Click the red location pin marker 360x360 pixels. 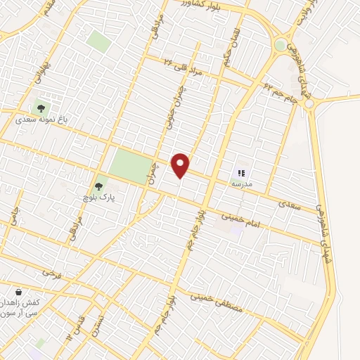pos(181,165)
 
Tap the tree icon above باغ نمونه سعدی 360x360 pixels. pos(40,109)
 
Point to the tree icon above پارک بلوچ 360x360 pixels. pos(99,188)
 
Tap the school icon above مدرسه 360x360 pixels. pos(241,172)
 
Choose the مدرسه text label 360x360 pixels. pos(242,184)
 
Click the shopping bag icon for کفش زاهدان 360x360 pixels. pos(18,292)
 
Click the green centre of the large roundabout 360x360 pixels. pos(281,45)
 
